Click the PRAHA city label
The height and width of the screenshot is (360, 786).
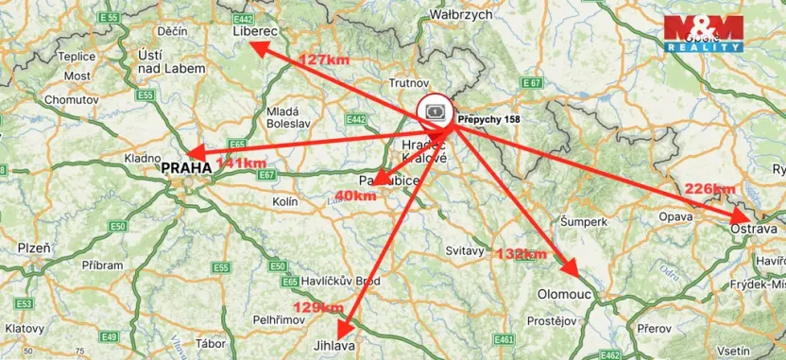pyautogui.click(x=187, y=168)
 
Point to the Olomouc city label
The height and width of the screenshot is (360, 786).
pyautogui.click(x=564, y=295)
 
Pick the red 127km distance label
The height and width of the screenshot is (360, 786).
pyautogui.click(x=325, y=60)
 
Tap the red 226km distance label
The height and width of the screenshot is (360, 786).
pyautogui.click(x=710, y=188)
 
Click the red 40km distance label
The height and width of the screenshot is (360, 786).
pyautogui.click(x=355, y=196)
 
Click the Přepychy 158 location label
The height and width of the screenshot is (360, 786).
pyautogui.click(x=488, y=120)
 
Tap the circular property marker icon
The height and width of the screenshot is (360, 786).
pyautogui.click(x=436, y=111)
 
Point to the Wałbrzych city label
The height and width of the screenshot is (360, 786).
pyautogui.click(x=462, y=15)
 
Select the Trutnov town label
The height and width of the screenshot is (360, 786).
pyautogui.click(x=410, y=82)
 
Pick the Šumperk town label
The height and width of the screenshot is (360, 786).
pyautogui.click(x=583, y=221)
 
